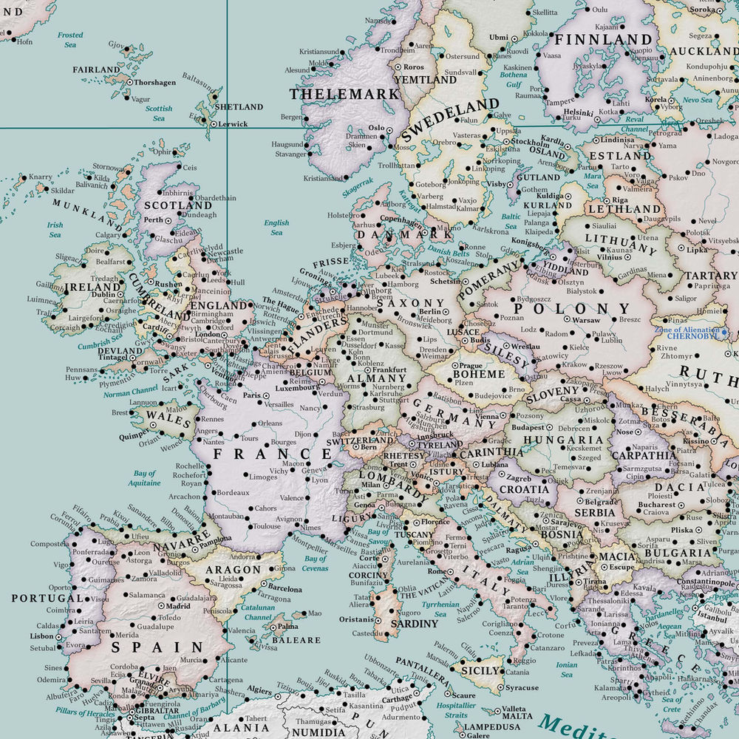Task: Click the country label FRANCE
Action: click(272, 453)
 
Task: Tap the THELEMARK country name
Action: click(344, 95)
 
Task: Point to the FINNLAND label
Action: click(604, 39)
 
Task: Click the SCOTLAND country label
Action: click(168, 205)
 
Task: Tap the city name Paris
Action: click(252, 395)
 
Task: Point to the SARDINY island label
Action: click(415, 624)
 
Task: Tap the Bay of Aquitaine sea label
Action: click(145, 478)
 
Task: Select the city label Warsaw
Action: click(587, 321)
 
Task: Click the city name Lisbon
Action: click(42, 636)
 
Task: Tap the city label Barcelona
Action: click(285, 589)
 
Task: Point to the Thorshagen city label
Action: click(154, 83)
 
